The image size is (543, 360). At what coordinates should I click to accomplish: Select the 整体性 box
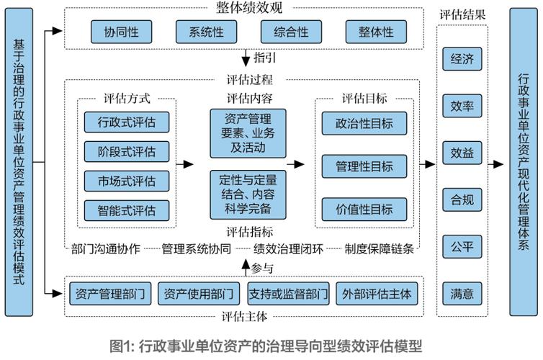pyautogui.click(x=376, y=32)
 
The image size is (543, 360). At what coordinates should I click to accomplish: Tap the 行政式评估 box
pyautogui.click(x=126, y=121)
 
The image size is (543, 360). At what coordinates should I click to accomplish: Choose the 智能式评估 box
pyautogui.click(x=126, y=210)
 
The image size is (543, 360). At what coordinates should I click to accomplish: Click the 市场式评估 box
pyautogui.click(x=126, y=180)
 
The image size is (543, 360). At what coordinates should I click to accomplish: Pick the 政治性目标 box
pyautogui.click(x=364, y=123)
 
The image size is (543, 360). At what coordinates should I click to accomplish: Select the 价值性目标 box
pyautogui.click(x=364, y=210)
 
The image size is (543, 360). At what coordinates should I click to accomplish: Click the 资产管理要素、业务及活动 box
pyautogui.click(x=248, y=133)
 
